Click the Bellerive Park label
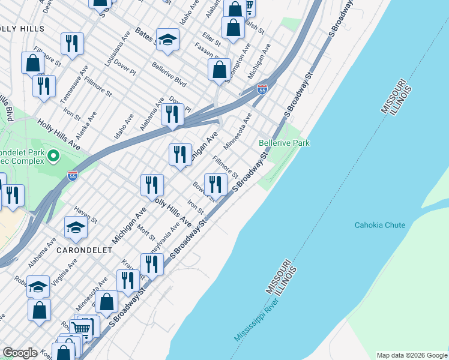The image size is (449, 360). pyautogui.click(x=284, y=143)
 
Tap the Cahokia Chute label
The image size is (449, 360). pyautogui.click(x=379, y=226)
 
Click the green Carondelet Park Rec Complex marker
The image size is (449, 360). pyautogui.click(x=53, y=157)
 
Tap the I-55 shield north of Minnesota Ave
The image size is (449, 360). pyautogui.click(x=262, y=89)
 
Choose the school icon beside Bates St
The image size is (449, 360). pyautogui.click(x=168, y=40)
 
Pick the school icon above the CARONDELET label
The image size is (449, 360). pyautogui.click(x=76, y=227)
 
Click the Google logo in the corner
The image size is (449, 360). pyautogui.click(x=20, y=353)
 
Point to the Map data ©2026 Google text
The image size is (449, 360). pyautogui.click(x=411, y=355)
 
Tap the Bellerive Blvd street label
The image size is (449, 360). pyautogui.click(x=169, y=74)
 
